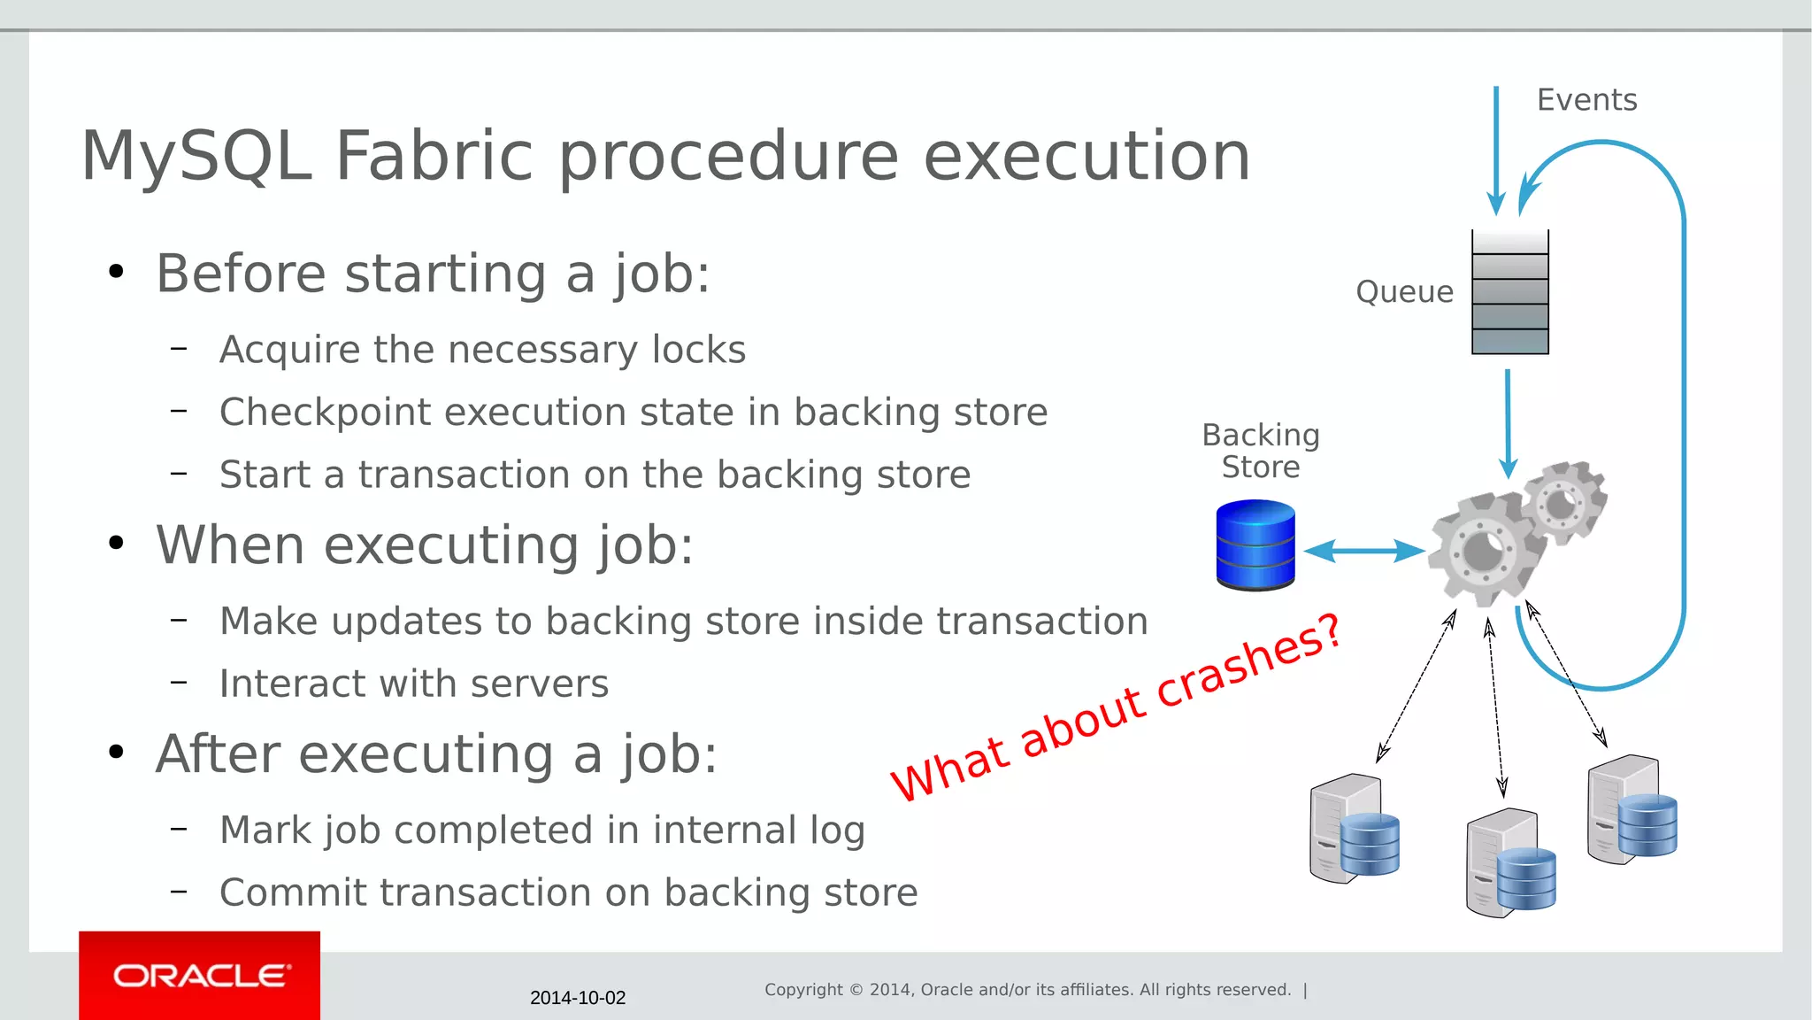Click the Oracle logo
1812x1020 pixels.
(200, 976)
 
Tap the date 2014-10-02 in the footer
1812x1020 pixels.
(577, 998)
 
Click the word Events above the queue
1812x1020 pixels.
(1586, 100)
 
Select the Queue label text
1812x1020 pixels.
(1404, 292)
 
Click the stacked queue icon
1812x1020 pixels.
(1509, 292)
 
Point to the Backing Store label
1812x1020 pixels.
(1261, 451)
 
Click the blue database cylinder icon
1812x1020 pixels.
(1255, 545)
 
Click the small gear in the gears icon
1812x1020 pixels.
(1563, 504)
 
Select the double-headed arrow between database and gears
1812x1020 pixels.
(1363, 551)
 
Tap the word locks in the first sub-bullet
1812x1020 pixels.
(699, 350)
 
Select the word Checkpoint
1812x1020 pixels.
(325, 413)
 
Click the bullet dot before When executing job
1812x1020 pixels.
(116, 543)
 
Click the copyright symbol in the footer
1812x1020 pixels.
(856, 990)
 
